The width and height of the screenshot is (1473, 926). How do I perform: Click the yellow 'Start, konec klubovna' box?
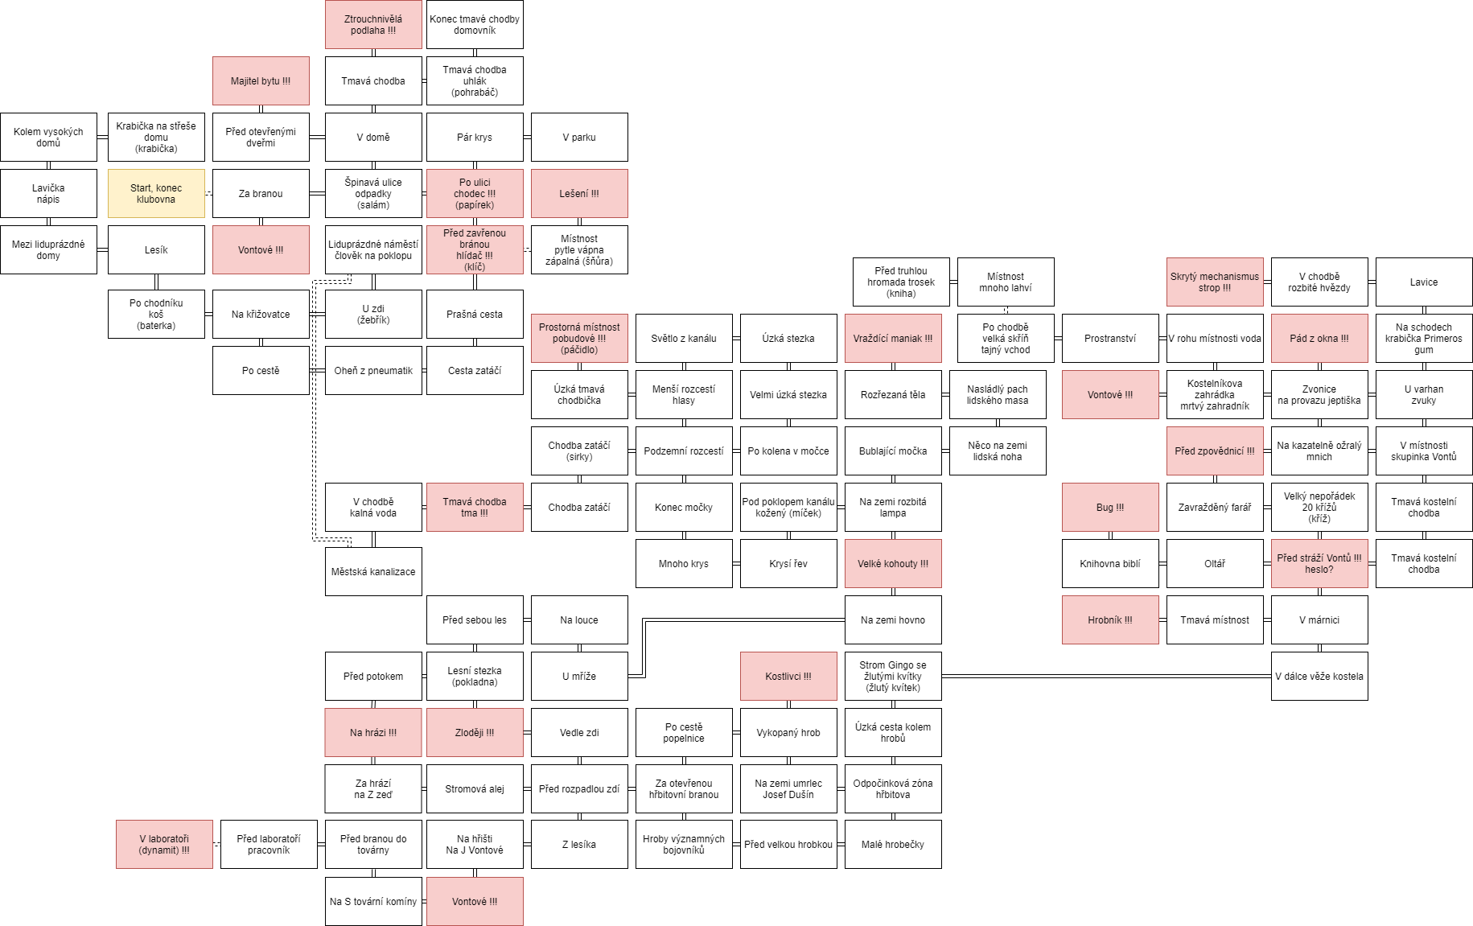pos(156,193)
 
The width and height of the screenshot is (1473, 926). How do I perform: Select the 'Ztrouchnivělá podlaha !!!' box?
pos(373,24)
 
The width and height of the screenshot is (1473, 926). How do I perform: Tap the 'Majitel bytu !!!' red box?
pos(261,80)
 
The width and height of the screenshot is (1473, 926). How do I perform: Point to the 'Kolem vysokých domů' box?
pos(48,137)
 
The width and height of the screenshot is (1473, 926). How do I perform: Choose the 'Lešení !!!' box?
pos(579,193)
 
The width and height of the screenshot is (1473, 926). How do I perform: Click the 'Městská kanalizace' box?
pos(373,571)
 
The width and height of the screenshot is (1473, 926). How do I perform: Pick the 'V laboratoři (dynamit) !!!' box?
pos(164,844)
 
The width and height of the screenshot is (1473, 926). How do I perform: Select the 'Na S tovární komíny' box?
pos(373,901)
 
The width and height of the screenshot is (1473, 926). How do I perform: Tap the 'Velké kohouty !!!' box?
pos(893,563)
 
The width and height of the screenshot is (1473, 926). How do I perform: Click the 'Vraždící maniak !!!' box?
pos(893,338)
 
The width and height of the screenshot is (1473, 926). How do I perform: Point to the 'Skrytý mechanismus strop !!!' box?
pos(1215,282)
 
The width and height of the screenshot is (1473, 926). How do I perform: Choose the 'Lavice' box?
pos(1424,282)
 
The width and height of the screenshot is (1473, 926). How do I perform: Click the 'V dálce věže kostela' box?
pos(1319,676)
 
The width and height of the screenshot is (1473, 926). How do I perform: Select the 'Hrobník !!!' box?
pos(1110,619)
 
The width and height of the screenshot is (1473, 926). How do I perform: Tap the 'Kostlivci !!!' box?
pos(788,676)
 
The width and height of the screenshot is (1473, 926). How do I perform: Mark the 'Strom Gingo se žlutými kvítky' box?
pos(893,676)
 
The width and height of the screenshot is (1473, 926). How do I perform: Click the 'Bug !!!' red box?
pos(1110,507)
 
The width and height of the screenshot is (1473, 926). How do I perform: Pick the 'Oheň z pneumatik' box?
pos(373,370)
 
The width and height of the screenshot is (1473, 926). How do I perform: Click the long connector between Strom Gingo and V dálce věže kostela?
pos(1106,676)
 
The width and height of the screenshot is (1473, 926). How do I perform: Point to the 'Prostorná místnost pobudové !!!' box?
pos(579,338)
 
